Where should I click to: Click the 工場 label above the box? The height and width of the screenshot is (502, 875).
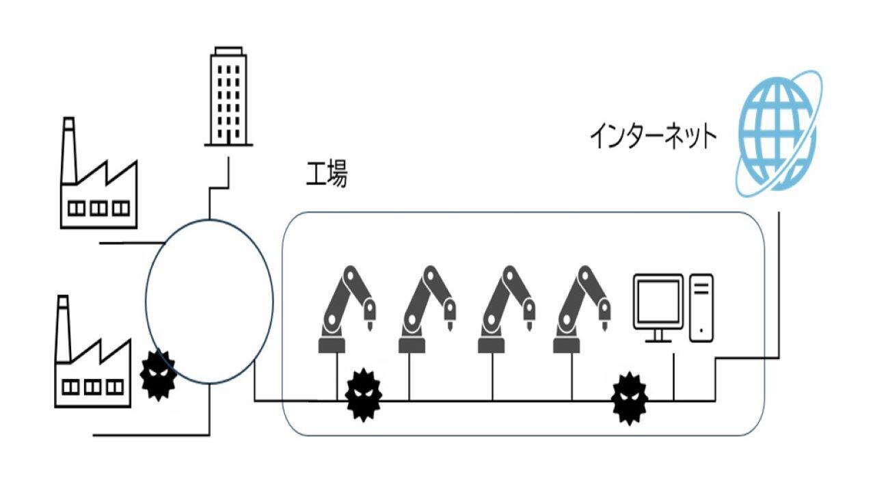pos(326,175)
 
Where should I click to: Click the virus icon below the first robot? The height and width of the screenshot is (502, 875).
pos(363,395)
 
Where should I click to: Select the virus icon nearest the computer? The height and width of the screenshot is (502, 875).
pos(629,398)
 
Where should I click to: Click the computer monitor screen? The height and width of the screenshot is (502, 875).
pos(658,300)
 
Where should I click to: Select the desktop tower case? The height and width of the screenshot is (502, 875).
pos(701,307)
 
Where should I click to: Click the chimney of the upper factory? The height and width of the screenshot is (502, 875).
pos(68,150)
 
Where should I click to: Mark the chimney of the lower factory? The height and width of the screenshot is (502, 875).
pos(63,328)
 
